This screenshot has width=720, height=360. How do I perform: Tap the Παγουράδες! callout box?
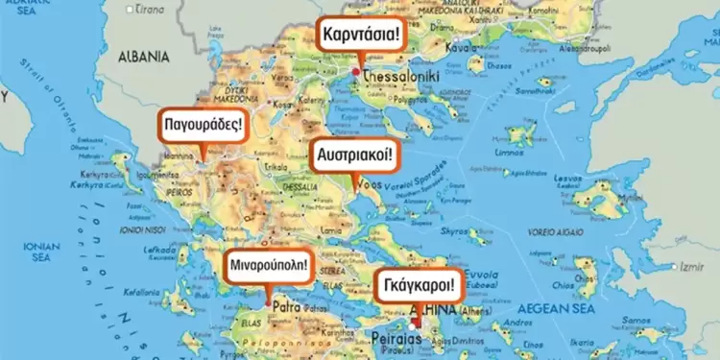pos(202,124)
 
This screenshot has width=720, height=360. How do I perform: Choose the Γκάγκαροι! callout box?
pos(418,285)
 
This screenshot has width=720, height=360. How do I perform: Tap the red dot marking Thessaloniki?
pos(355,71)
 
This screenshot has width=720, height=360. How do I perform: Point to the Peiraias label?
pos(396,341)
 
